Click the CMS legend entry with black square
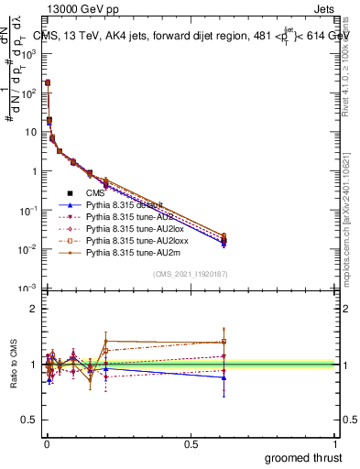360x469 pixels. click(x=96, y=193)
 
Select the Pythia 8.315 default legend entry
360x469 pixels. click(x=126, y=207)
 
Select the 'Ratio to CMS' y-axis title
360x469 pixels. click(x=13, y=364)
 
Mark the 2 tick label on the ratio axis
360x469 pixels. click(x=31, y=309)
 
